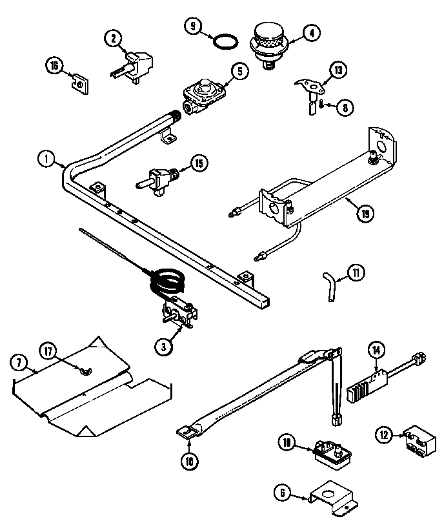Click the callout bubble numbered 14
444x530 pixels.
click(x=376, y=351)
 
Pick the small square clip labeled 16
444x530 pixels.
click(x=79, y=83)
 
